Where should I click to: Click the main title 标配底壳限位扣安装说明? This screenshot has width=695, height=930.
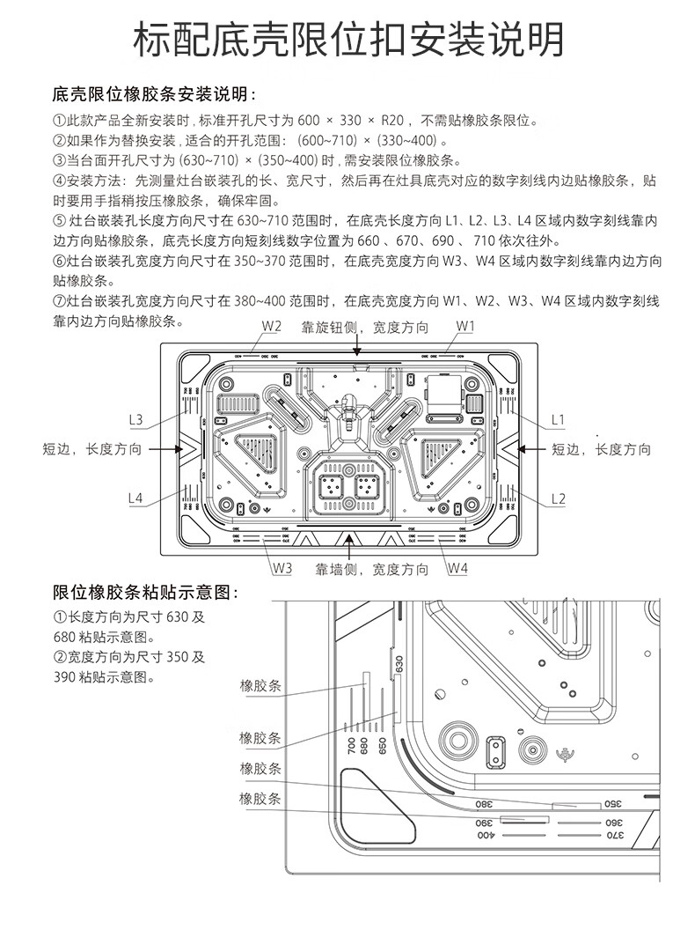[347, 40]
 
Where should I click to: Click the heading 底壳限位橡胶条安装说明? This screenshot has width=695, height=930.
[155, 94]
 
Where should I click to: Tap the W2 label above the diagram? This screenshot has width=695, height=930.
[270, 328]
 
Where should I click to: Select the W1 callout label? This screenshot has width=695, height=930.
[465, 328]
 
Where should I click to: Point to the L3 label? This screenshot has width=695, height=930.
[135, 419]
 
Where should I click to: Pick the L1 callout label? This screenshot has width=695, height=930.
[558, 419]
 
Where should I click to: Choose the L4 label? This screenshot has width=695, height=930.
[135, 498]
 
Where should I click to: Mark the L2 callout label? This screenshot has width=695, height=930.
[558, 498]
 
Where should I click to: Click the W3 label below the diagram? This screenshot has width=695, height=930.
[281, 568]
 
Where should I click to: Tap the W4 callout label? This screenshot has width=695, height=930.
[457, 568]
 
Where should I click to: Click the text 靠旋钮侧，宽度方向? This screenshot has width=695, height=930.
[365, 328]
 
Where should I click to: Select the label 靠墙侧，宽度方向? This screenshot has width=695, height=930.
[372, 570]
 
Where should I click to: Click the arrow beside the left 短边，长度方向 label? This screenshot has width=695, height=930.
[165, 449]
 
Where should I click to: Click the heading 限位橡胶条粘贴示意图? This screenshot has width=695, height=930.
[146, 592]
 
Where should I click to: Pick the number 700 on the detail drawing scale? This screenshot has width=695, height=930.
[351, 747]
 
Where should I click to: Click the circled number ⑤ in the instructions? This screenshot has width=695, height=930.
[60, 219]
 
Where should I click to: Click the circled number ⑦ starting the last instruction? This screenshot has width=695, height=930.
[60, 300]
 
